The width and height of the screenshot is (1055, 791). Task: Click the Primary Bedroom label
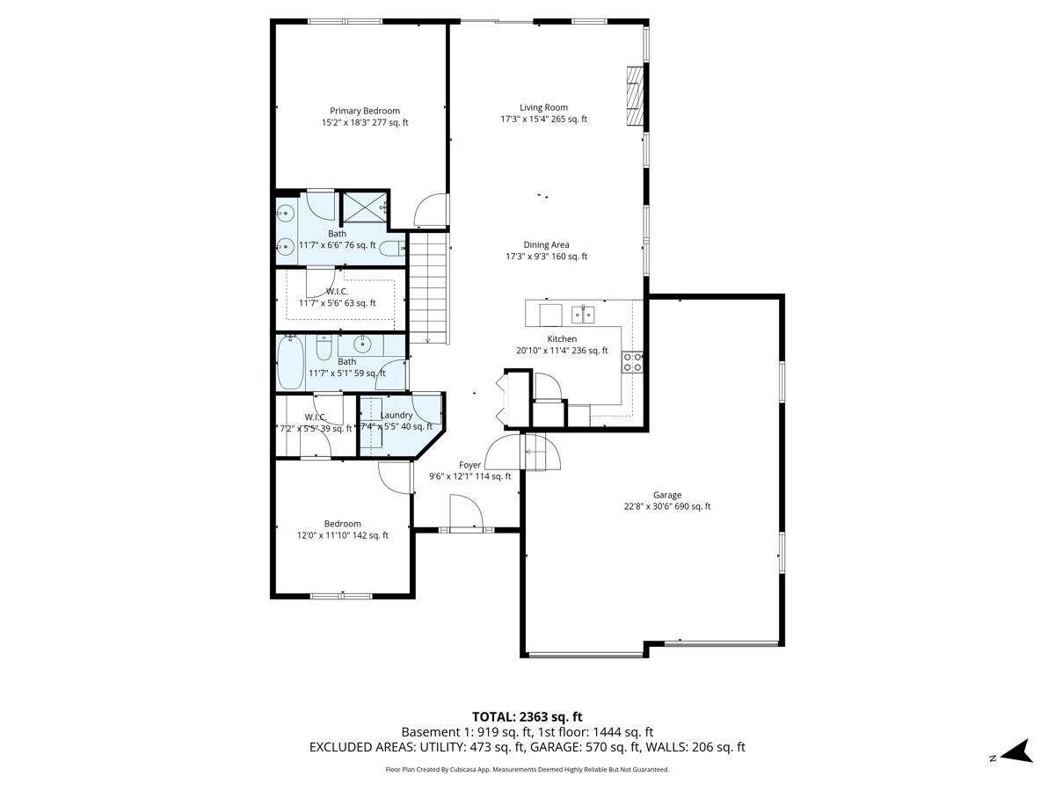click(364, 111)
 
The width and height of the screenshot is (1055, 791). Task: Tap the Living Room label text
click(543, 107)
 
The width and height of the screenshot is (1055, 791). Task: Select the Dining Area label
click(546, 245)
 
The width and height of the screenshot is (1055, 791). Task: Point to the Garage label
click(666, 495)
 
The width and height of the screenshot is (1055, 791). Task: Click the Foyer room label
click(469, 465)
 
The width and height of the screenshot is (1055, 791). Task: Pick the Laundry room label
click(397, 415)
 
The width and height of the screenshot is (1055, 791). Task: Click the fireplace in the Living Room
click(634, 96)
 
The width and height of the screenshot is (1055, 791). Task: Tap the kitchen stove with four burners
click(632, 362)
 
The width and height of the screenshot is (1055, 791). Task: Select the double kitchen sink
click(584, 313)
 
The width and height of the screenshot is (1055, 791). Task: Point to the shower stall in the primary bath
click(364, 208)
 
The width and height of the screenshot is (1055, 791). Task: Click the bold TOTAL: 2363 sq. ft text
click(527, 716)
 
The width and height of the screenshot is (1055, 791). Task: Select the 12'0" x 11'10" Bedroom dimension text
click(343, 535)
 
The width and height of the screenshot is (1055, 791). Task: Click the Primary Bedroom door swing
click(432, 210)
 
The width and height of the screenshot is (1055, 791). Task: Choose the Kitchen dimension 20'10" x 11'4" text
click(562, 351)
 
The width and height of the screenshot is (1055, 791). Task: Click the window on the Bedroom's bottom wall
click(341, 596)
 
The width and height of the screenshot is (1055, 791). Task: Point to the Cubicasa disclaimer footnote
click(527, 769)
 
